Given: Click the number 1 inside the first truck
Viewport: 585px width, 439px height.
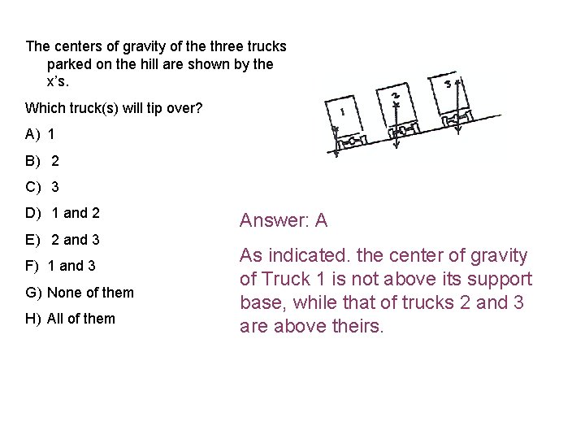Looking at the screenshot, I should coord(343,112).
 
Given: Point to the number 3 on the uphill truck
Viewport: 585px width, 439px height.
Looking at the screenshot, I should coord(448,83).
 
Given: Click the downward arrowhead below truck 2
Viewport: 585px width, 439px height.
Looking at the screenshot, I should coord(396,146).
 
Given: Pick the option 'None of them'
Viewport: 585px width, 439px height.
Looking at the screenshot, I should coord(90,293).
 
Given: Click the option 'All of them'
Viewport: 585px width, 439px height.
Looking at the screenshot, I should coord(80,319).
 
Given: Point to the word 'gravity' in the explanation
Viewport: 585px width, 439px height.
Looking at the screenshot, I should coord(498,255).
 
